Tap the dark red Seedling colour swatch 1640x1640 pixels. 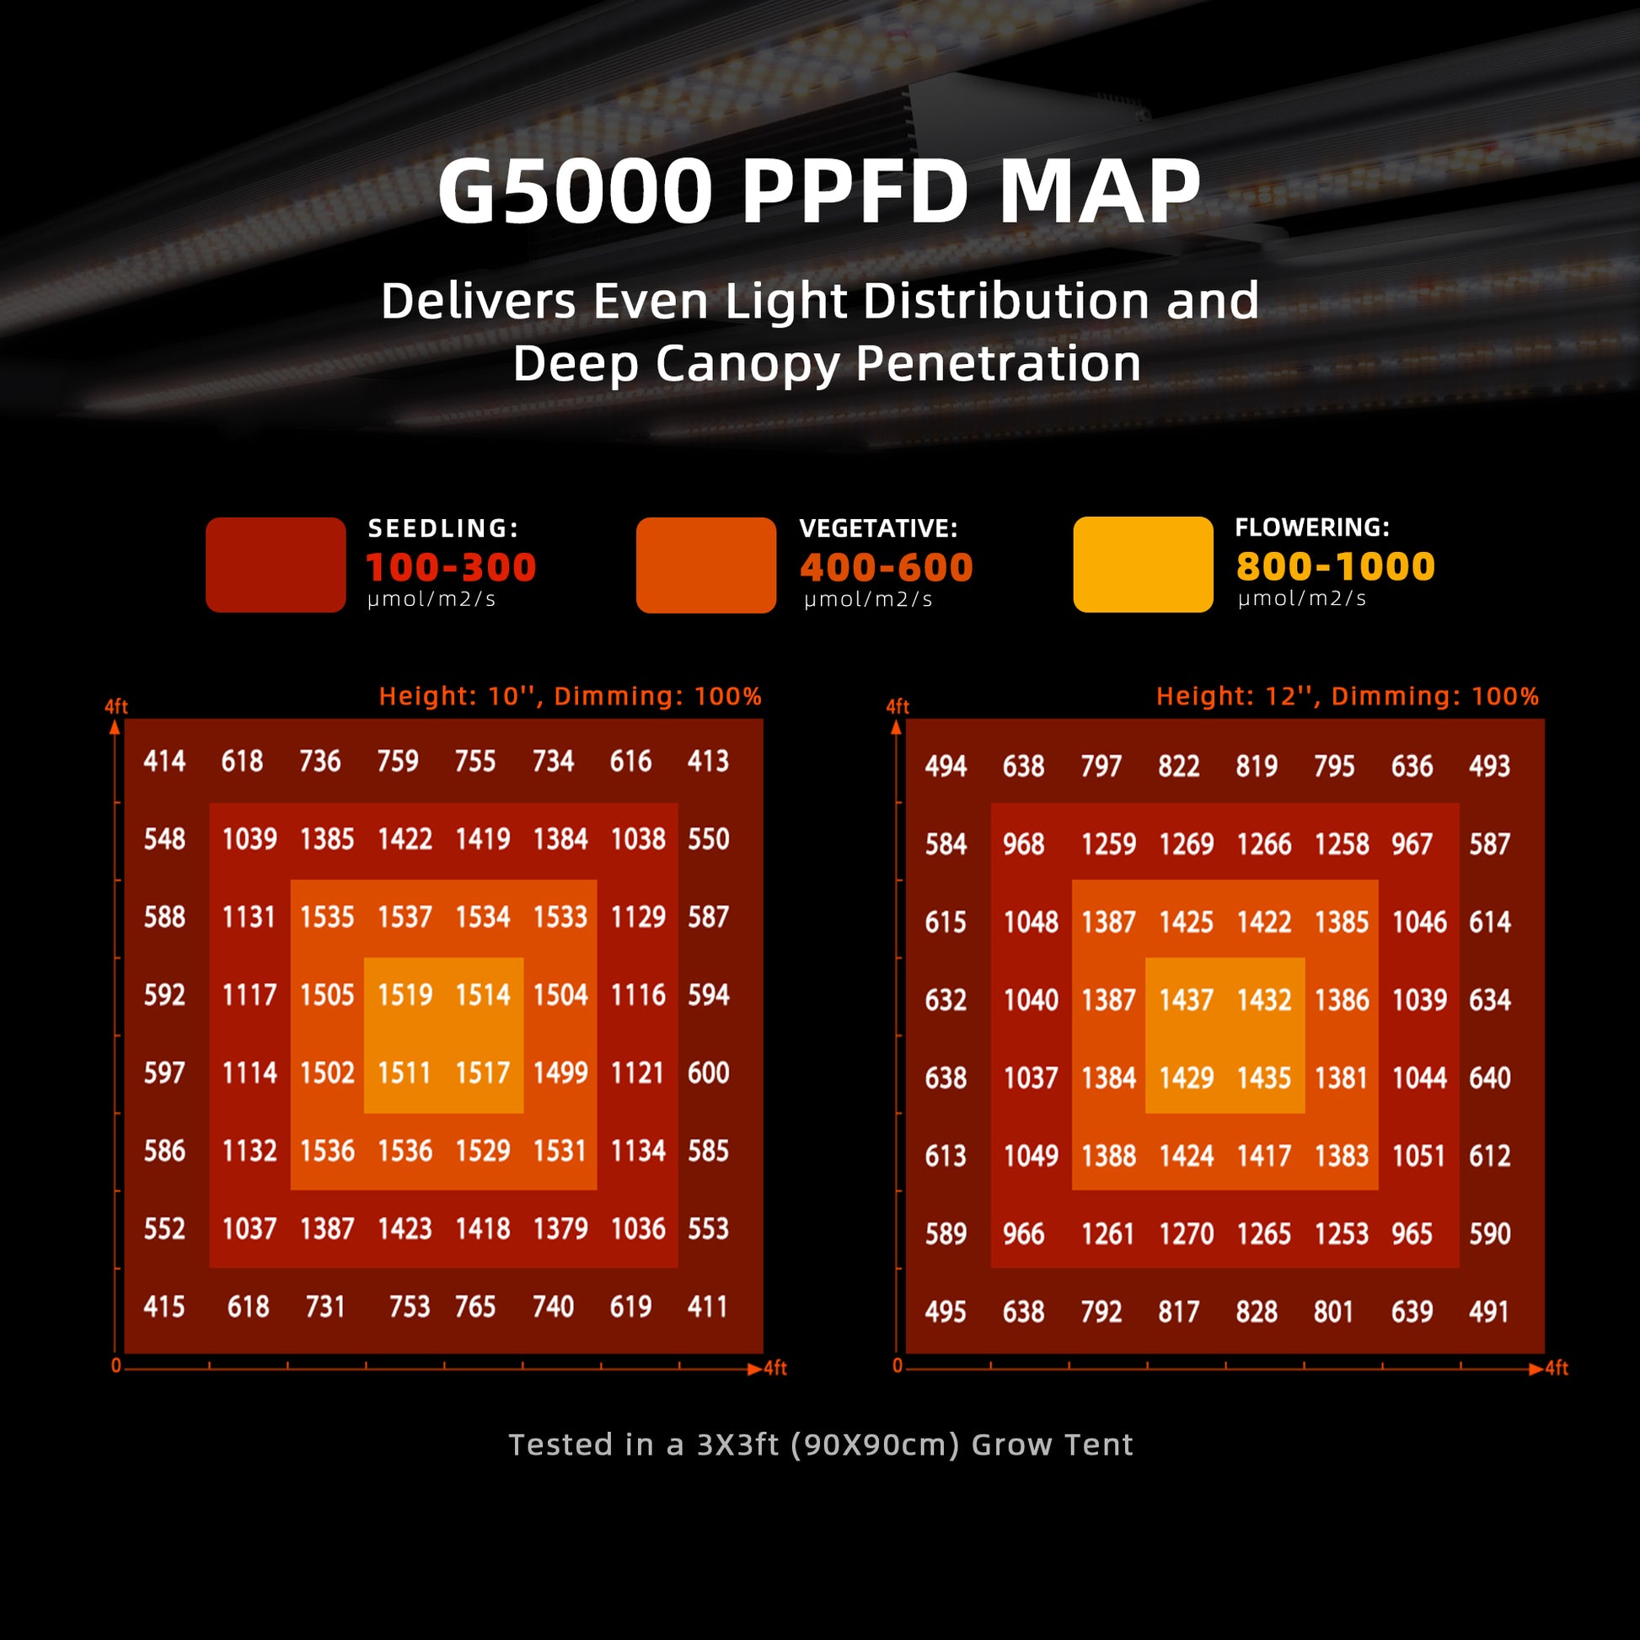tap(275, 565)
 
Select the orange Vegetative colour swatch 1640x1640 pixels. tap(705, 565)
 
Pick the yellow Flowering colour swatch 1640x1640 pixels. tap(1143, 564)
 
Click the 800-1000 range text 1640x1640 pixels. tap(1335, 566)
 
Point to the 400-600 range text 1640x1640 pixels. tap(887, 567)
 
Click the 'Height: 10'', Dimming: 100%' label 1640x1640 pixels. tap(570, 696)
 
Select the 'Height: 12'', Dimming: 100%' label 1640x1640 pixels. tap(1347, 696)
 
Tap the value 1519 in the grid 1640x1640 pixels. tap(405, 994)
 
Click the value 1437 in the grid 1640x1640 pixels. tap(1186, 1000)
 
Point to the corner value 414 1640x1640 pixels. tap(163, 760)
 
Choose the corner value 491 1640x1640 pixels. tap(1489, 1311)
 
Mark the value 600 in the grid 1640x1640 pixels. tap(708, 1073)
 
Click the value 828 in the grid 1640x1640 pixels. tap(1257, 1311)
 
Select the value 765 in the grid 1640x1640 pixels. tap(474, 1306)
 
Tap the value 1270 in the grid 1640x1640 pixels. tap(1186, 1234)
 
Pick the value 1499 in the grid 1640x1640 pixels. tap(560, 1073)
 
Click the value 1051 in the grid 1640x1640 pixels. tap(1418, 1155)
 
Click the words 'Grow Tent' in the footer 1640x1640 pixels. tap(1052, 1444)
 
